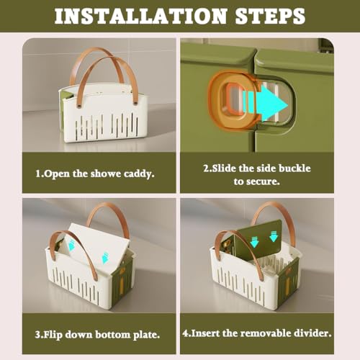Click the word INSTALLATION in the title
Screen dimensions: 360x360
pos(141,16)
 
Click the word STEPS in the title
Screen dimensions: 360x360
pos(270,16)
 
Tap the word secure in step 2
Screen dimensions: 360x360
pos(262,181)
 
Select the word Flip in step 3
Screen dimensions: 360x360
pos(52,335)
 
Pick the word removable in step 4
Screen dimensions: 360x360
pos(266,333)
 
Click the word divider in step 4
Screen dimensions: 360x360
pos(312,333)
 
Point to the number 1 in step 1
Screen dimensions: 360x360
pos(38,174)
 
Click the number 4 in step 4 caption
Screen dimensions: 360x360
pos(185,333)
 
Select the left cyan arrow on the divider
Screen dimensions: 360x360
pos(254,242)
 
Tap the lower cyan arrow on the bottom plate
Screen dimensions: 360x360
pos(105,258)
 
